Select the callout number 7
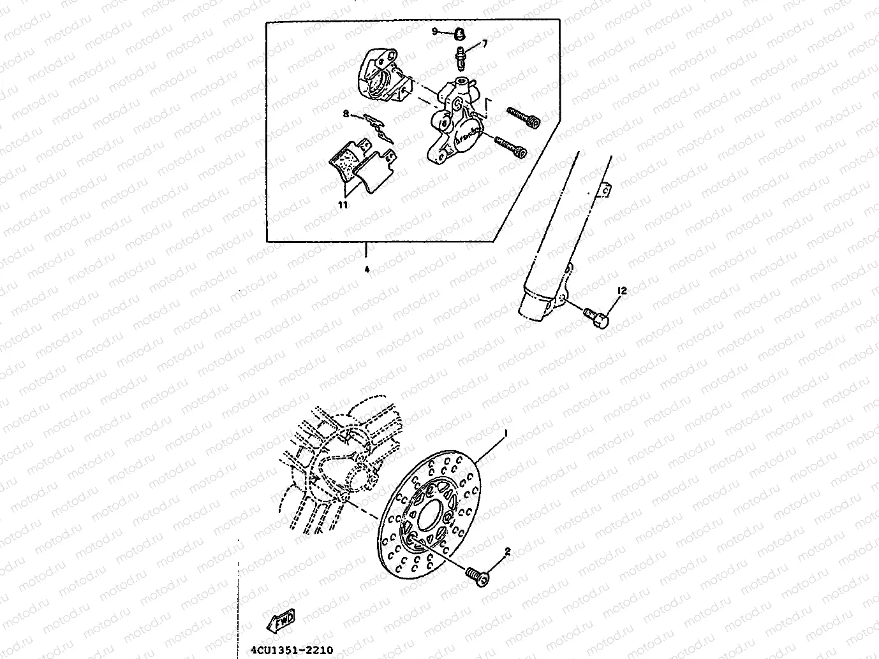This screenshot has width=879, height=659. [484, 43]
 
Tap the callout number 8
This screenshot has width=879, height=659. [346, 114]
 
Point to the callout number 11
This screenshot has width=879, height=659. [343, 205]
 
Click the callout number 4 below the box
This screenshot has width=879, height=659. [367, 269]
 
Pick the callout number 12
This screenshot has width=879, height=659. [622, 291]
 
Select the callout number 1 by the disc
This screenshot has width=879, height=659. [506, 432]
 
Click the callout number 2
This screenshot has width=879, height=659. [508, 552]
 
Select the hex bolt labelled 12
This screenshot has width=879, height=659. [598, 317]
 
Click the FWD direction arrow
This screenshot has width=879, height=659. [281, 620]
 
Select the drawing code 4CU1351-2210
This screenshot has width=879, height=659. [288, 650]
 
